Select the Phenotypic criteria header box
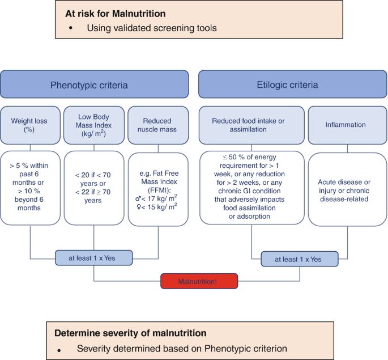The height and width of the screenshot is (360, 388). click(94, 85)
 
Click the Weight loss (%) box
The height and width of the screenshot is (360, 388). click(29, 125)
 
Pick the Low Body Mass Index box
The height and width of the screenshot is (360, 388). click(93, 125)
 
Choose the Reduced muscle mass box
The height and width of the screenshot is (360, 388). click(157, 125)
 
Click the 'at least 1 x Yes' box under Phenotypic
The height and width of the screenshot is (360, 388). click(94, 258)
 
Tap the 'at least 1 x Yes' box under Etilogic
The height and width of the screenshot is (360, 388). click(299, 259)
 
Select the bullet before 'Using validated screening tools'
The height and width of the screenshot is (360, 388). click(71, 28)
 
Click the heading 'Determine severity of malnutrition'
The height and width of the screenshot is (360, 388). click(130, 333)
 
